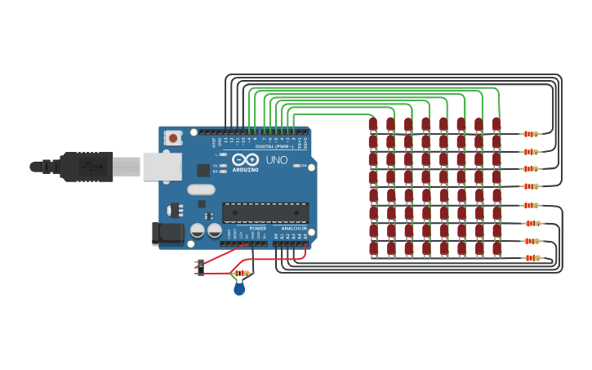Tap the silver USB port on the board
(162, 166)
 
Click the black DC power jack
(167, 234)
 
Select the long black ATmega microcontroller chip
(265, 212)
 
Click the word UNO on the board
(277, 160)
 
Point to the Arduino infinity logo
(244, 160)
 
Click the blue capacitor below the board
(239, 288)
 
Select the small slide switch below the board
(201, 267)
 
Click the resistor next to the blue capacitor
(242, 274)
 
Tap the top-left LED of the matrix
(373, 125)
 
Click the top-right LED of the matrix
(496, 125)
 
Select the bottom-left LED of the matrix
(373, 248)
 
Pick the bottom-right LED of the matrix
(496, 248)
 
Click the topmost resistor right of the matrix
(531, 134)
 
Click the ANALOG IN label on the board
(294, 228)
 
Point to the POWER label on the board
(257, 228)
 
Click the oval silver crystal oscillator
(201, 189)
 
